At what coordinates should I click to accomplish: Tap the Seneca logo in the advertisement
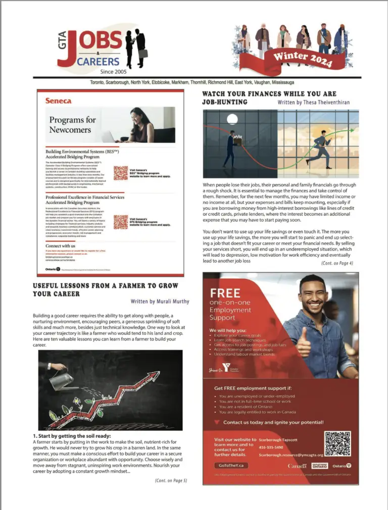pos(59,100)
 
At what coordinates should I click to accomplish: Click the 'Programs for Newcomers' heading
pos(72,125)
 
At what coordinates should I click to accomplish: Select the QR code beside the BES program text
pos(121,173)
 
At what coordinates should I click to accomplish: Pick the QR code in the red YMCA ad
pos(337,443)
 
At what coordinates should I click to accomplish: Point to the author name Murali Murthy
pos(160,301)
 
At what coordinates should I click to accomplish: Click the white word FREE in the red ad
pos(225,293)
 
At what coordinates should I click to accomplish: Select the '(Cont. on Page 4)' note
pos(337,263)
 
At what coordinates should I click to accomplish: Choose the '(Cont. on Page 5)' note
pos(171,481)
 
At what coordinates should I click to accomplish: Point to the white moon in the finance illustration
pos(232,119)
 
